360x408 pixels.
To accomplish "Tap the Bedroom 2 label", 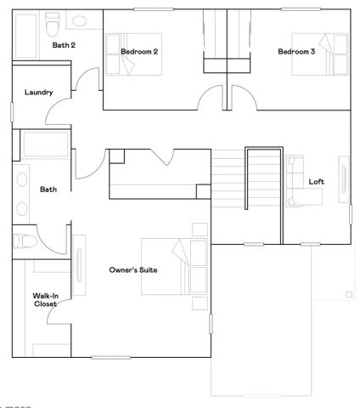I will (140, 52).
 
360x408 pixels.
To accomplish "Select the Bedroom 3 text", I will (296, 52).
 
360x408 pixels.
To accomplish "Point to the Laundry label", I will (40, 92).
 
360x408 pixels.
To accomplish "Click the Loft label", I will (316, 181).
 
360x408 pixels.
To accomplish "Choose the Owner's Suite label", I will (133, 270).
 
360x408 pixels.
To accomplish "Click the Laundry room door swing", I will (59, 110).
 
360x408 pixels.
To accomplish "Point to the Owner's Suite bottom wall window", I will (115, 357).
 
